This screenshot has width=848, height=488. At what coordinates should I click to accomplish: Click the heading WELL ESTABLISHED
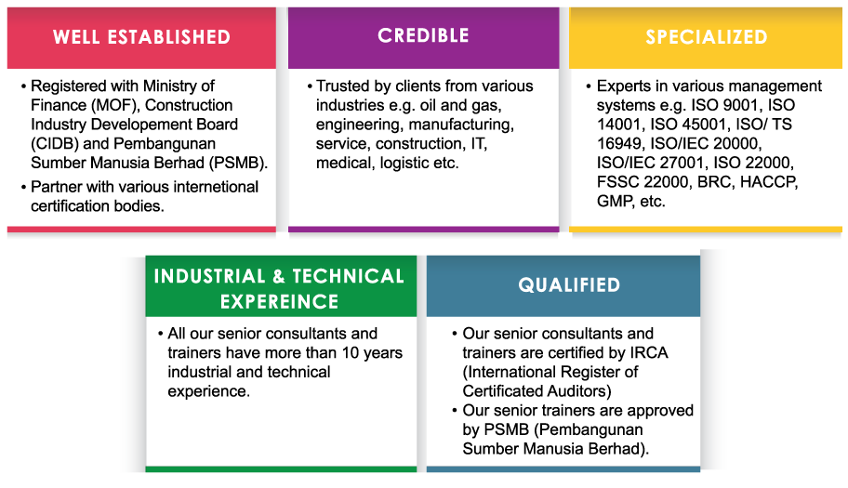click(x=141, y=37)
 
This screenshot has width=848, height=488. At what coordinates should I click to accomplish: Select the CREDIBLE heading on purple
click(x=423, y=35)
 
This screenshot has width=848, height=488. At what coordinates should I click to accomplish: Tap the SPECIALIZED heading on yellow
click(x=707, y=37)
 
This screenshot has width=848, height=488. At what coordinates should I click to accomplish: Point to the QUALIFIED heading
click(x=569, y=284)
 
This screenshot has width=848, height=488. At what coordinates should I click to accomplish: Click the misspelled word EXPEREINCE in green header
click(x=279, y=301)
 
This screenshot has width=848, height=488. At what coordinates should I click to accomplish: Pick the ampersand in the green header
click(x=279, y=276)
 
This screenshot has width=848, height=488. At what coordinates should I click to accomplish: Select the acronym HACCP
click(x=769, y=181)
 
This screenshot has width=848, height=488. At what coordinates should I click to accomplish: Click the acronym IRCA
click(x=649, y=352)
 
